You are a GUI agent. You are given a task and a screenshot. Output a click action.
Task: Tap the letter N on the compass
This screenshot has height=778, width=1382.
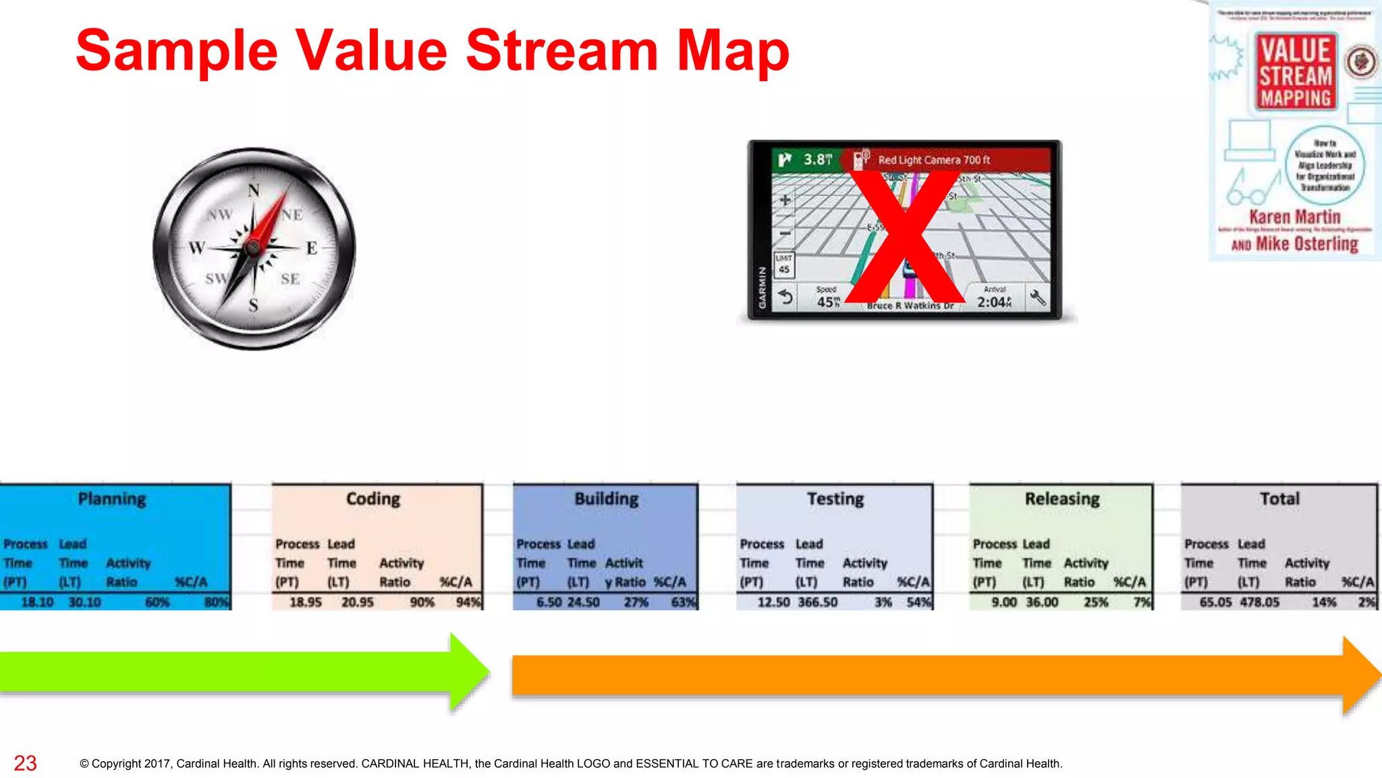pos(254,191)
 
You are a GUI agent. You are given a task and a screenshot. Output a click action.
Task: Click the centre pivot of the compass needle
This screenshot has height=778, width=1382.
pos(254,247)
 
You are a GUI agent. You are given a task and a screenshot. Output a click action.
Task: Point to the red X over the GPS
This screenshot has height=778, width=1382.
pos(904,236)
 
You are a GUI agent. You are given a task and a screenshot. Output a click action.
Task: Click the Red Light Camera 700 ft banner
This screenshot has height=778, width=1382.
pos(933,160)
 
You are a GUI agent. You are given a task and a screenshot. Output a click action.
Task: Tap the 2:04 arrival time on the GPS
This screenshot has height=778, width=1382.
pos(993,302)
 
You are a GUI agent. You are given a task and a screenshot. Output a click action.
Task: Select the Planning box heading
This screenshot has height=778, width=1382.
pos(112,499)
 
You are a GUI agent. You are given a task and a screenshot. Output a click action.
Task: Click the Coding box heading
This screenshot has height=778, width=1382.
pos(373,499)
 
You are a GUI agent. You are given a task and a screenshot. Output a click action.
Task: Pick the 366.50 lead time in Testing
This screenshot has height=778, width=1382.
pos(817,602)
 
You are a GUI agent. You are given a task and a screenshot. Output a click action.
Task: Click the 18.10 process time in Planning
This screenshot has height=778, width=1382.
pos(37,602)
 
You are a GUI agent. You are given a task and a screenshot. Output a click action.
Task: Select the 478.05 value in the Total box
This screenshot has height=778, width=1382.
pos(1259,602)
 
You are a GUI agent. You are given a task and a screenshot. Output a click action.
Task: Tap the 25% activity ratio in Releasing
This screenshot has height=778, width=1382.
pos(1095,602)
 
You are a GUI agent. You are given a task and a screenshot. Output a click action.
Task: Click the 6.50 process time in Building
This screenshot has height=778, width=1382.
pos(549,602)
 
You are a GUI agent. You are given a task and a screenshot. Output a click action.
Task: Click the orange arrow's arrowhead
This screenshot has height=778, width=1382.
pos(1360,675)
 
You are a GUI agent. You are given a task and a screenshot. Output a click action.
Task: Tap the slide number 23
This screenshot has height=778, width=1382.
pos(25,763)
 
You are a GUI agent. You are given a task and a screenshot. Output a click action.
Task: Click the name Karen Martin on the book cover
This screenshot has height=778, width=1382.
pos(1294,217)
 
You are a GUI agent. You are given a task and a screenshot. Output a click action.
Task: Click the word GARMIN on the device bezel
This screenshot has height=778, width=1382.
pos(763,288)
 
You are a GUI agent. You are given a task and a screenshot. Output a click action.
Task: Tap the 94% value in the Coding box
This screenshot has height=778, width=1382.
pos(467,602)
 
